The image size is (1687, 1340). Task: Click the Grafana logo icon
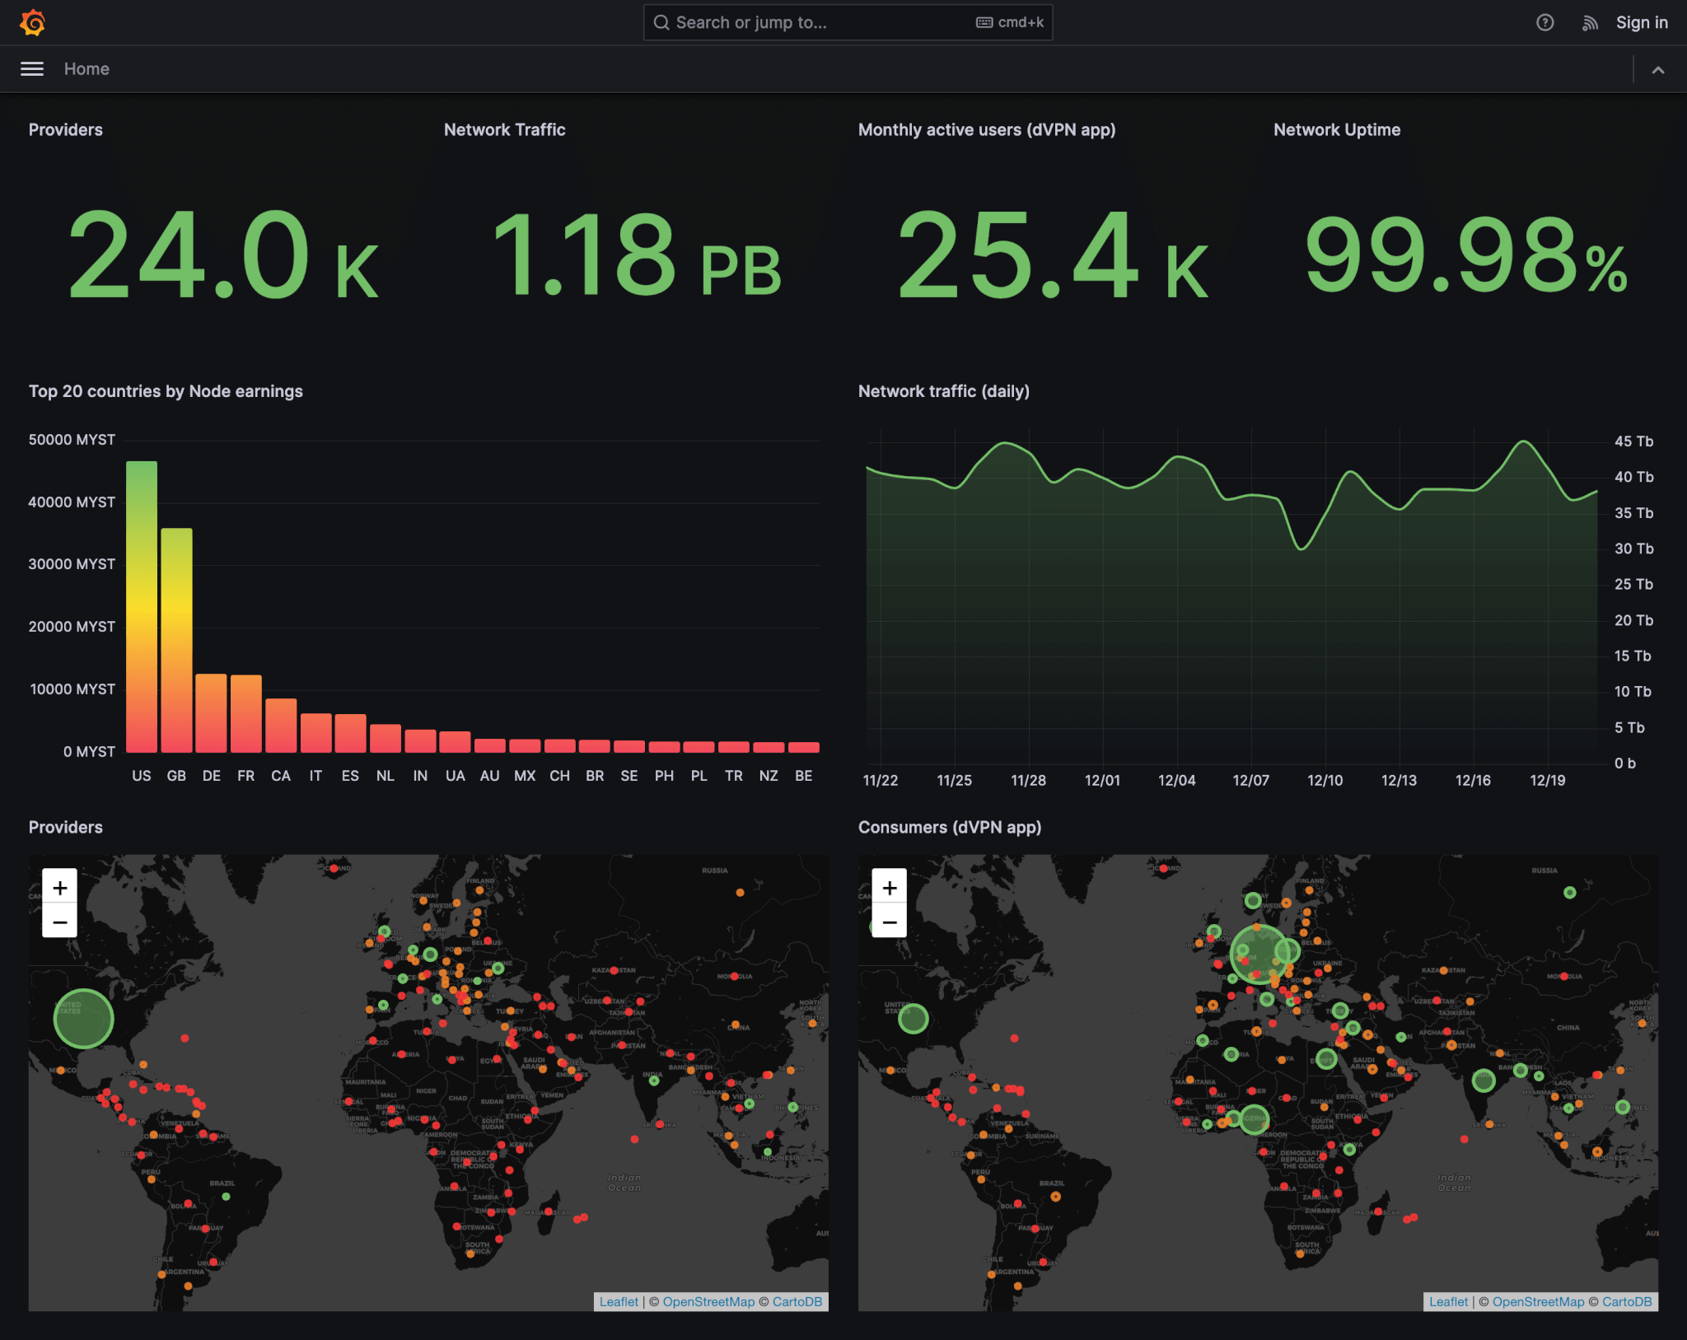click(33, 22)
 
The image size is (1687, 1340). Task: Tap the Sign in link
click(1641, 22)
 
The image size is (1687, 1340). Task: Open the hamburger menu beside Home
click(32, 69)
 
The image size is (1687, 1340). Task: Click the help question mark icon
click(1544, 22)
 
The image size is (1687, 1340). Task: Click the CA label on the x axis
click(281, 776)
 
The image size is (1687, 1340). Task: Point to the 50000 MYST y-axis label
click(72, 440)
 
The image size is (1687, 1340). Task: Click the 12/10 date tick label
click(1325, 780)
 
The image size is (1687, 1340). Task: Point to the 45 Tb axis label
click(1633, 441)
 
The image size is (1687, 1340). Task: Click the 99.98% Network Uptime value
click(1465, 255)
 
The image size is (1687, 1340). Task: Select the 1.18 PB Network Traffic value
click(636, 255)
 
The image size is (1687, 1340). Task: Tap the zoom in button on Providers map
click(60, 888)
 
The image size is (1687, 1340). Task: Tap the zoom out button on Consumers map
click(890, 922)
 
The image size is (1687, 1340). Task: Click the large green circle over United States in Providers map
click(83, 1019)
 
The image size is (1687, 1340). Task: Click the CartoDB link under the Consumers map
click(1626, 1301)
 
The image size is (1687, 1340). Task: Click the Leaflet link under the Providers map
click(619, 1301)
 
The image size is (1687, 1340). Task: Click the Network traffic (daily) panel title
click(943, 391)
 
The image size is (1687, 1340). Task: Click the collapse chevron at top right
click(1657, 70)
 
